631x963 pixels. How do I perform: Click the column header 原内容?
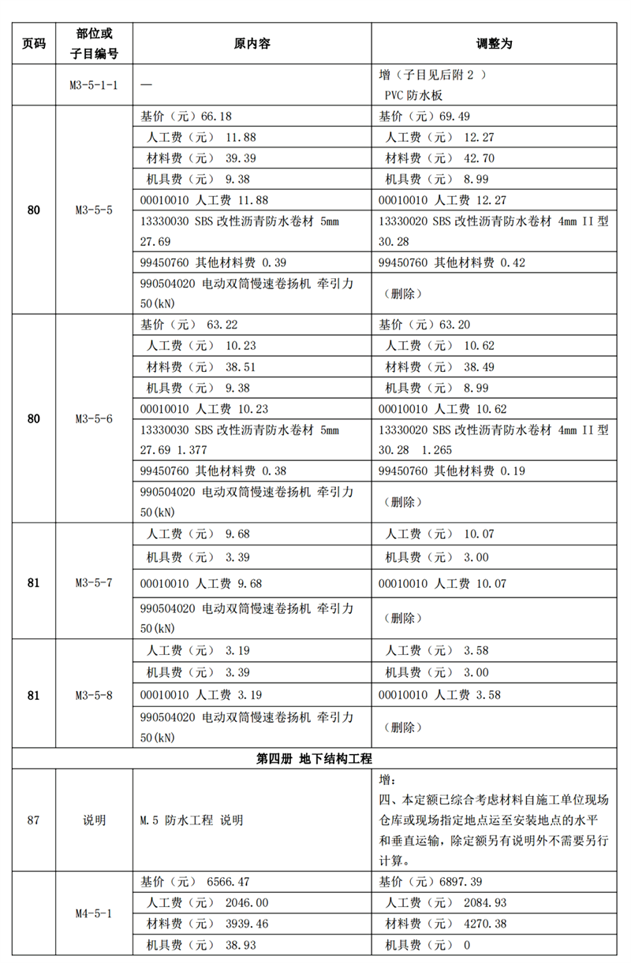[252, 44]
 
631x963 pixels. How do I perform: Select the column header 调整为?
[495, 44]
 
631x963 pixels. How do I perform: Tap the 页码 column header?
[33, 44]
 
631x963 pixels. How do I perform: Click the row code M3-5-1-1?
[94, 84]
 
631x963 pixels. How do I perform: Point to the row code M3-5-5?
[94, 210]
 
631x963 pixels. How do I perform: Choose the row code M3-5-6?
[94, 418]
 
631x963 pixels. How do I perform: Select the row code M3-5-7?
[94, 583]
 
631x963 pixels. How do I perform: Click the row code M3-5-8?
[94, 696]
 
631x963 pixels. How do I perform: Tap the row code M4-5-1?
[94, 913]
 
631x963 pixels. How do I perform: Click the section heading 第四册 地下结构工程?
[315, 758]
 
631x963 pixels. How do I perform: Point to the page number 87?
[33, 820]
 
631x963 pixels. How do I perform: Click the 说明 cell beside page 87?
[94, 820]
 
